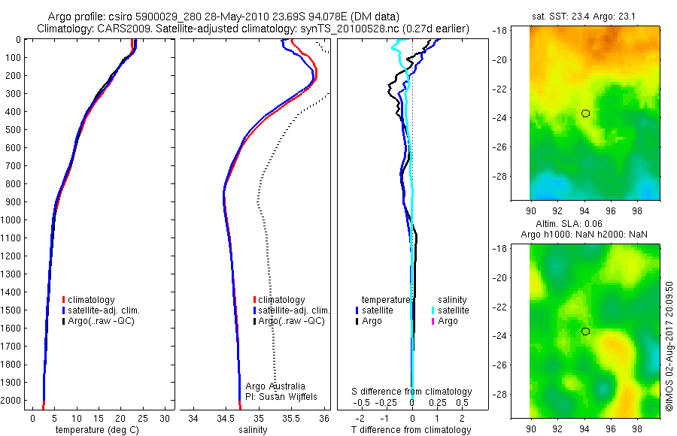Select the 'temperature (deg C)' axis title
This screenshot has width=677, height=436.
tap(96, 430)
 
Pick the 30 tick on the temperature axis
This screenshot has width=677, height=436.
tap(165, 417)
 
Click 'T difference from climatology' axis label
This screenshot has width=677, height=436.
tap(411, 430)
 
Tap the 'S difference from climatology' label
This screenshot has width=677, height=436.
tap(411, 392)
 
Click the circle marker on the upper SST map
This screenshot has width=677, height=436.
tap(585, 114)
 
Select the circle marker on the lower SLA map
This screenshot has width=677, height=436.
tap(585, 332)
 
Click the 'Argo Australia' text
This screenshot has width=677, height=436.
tap(275, 386)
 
